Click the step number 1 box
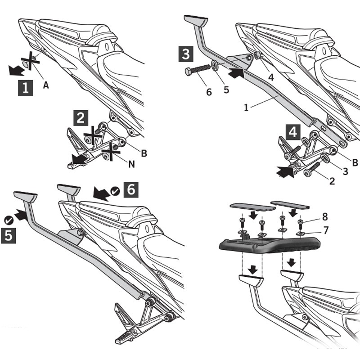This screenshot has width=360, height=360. coord(25,87)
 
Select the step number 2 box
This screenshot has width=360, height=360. coord(81,118)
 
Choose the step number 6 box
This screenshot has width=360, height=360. coord(130,189)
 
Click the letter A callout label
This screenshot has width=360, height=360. coord(46,84)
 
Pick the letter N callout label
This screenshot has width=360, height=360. coord(132,164)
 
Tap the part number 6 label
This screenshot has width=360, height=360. coord(208,92)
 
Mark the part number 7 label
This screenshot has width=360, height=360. coord(326,230)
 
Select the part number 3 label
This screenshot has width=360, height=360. coord(345,171)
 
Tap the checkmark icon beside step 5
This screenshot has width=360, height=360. coord(8,220)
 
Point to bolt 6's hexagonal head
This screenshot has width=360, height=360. coord(189,72)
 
